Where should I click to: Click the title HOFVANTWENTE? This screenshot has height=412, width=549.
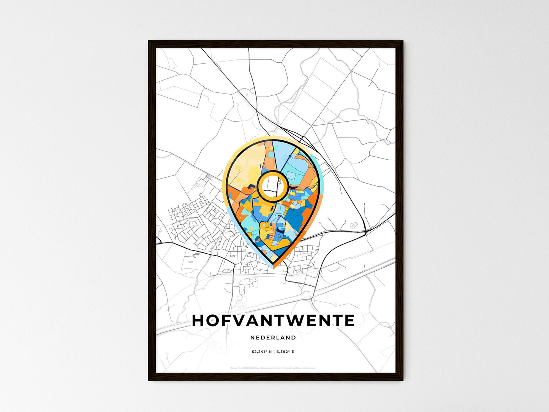[x=273, y=321]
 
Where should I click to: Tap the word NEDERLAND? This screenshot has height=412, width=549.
[x=273, y=338]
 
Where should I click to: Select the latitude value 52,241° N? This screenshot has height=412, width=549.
[x=262, y=352]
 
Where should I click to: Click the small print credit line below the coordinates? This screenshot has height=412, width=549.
[x=273, y=368]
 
